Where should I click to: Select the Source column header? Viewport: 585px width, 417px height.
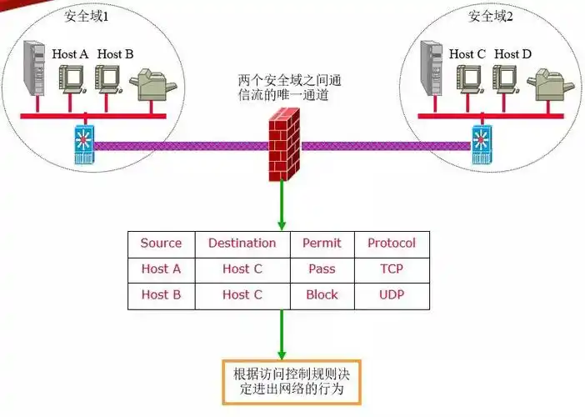click(x=161, y=244)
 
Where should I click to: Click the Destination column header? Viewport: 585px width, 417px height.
click(x=242, y=244)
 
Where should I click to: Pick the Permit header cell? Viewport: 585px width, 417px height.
click(x=322, y=244)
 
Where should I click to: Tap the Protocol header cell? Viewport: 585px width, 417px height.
click(x=392, y=244)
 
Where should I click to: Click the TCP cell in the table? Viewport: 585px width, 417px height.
click(x=392, y=269)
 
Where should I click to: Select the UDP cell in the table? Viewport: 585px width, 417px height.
click(x=392, y=294)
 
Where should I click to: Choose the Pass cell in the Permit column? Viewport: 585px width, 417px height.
click(x=322, y=269)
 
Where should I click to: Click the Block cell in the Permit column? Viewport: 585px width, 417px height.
click(x=322, y=294)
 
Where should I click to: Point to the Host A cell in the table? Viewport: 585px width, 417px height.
click(x=161, y=269)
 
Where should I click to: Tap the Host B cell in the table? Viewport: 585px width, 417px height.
click(x=161, y=294)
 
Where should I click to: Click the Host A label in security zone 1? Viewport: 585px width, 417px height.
click(x=70, y=54)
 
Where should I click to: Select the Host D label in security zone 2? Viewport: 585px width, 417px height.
click(x=512, y=54)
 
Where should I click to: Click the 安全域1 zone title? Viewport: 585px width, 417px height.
click(x=87, y=17)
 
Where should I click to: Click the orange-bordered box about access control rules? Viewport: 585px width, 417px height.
click(x=292, y=381)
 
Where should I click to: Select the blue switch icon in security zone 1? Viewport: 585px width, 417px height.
click(x=82, y=144)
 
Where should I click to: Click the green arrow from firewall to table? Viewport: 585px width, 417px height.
click(x=282, y=204)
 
